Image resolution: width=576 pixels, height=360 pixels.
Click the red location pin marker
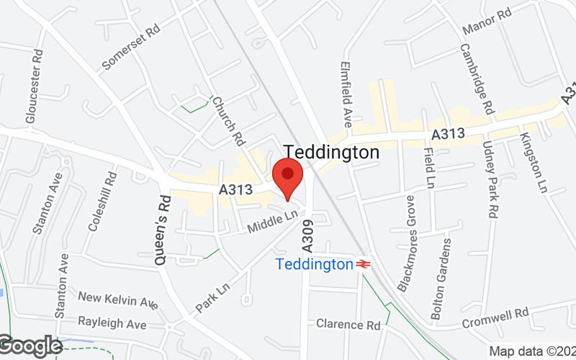pyautogui.click(x=288, y=175)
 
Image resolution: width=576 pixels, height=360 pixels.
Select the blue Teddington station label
pyautogui.click(x=314, y=264)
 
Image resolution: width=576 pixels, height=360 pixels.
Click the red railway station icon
pyautogui.click(x=364, y=264)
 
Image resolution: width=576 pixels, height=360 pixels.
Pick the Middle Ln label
pyautogui.click(x=272, y=222)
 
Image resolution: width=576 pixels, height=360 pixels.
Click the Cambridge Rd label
pyautogui.click(x=477, y=78)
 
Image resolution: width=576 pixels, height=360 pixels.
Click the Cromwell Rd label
pyautogui.click(x=495, y=315)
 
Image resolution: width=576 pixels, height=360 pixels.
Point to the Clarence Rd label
pyautogui.click(x=348, y=325)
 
